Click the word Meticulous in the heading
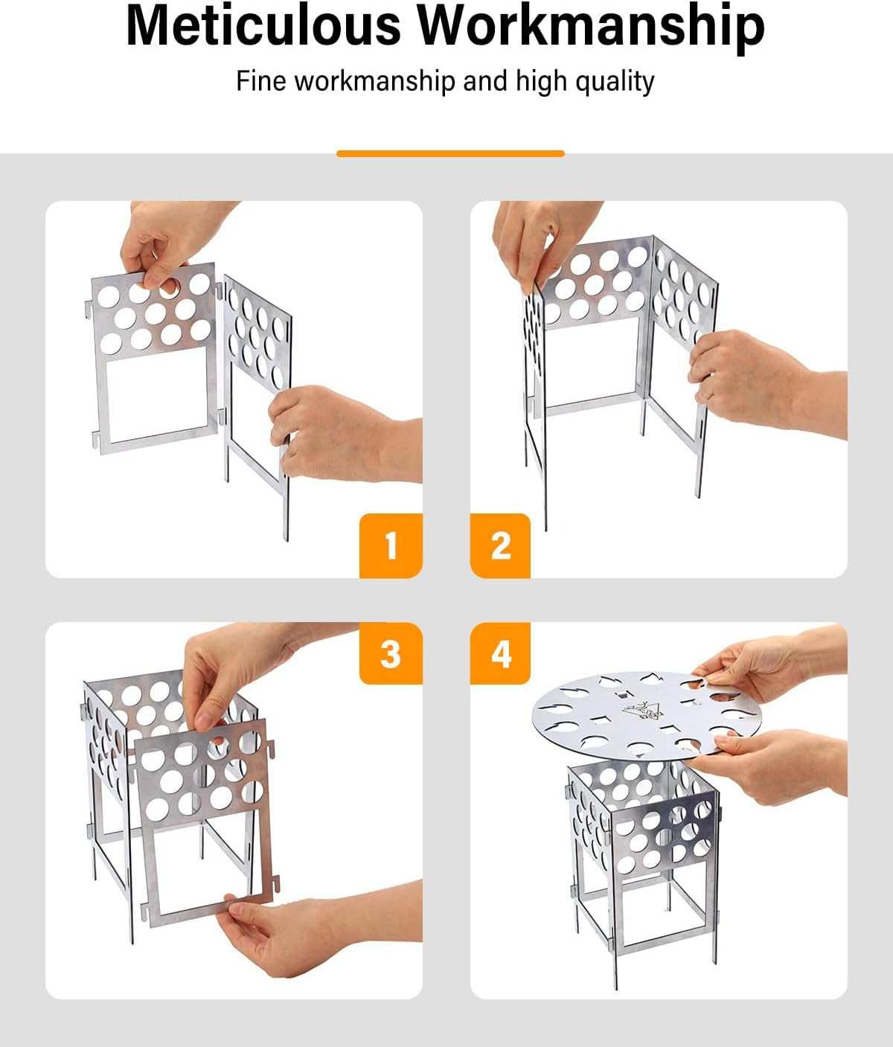tap(263, 25)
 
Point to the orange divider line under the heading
tap(450, 153)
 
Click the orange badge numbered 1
tap(391, 545)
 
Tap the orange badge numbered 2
tap(500, 545)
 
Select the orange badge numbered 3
tap(391, 653)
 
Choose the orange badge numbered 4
tap(500, 653)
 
